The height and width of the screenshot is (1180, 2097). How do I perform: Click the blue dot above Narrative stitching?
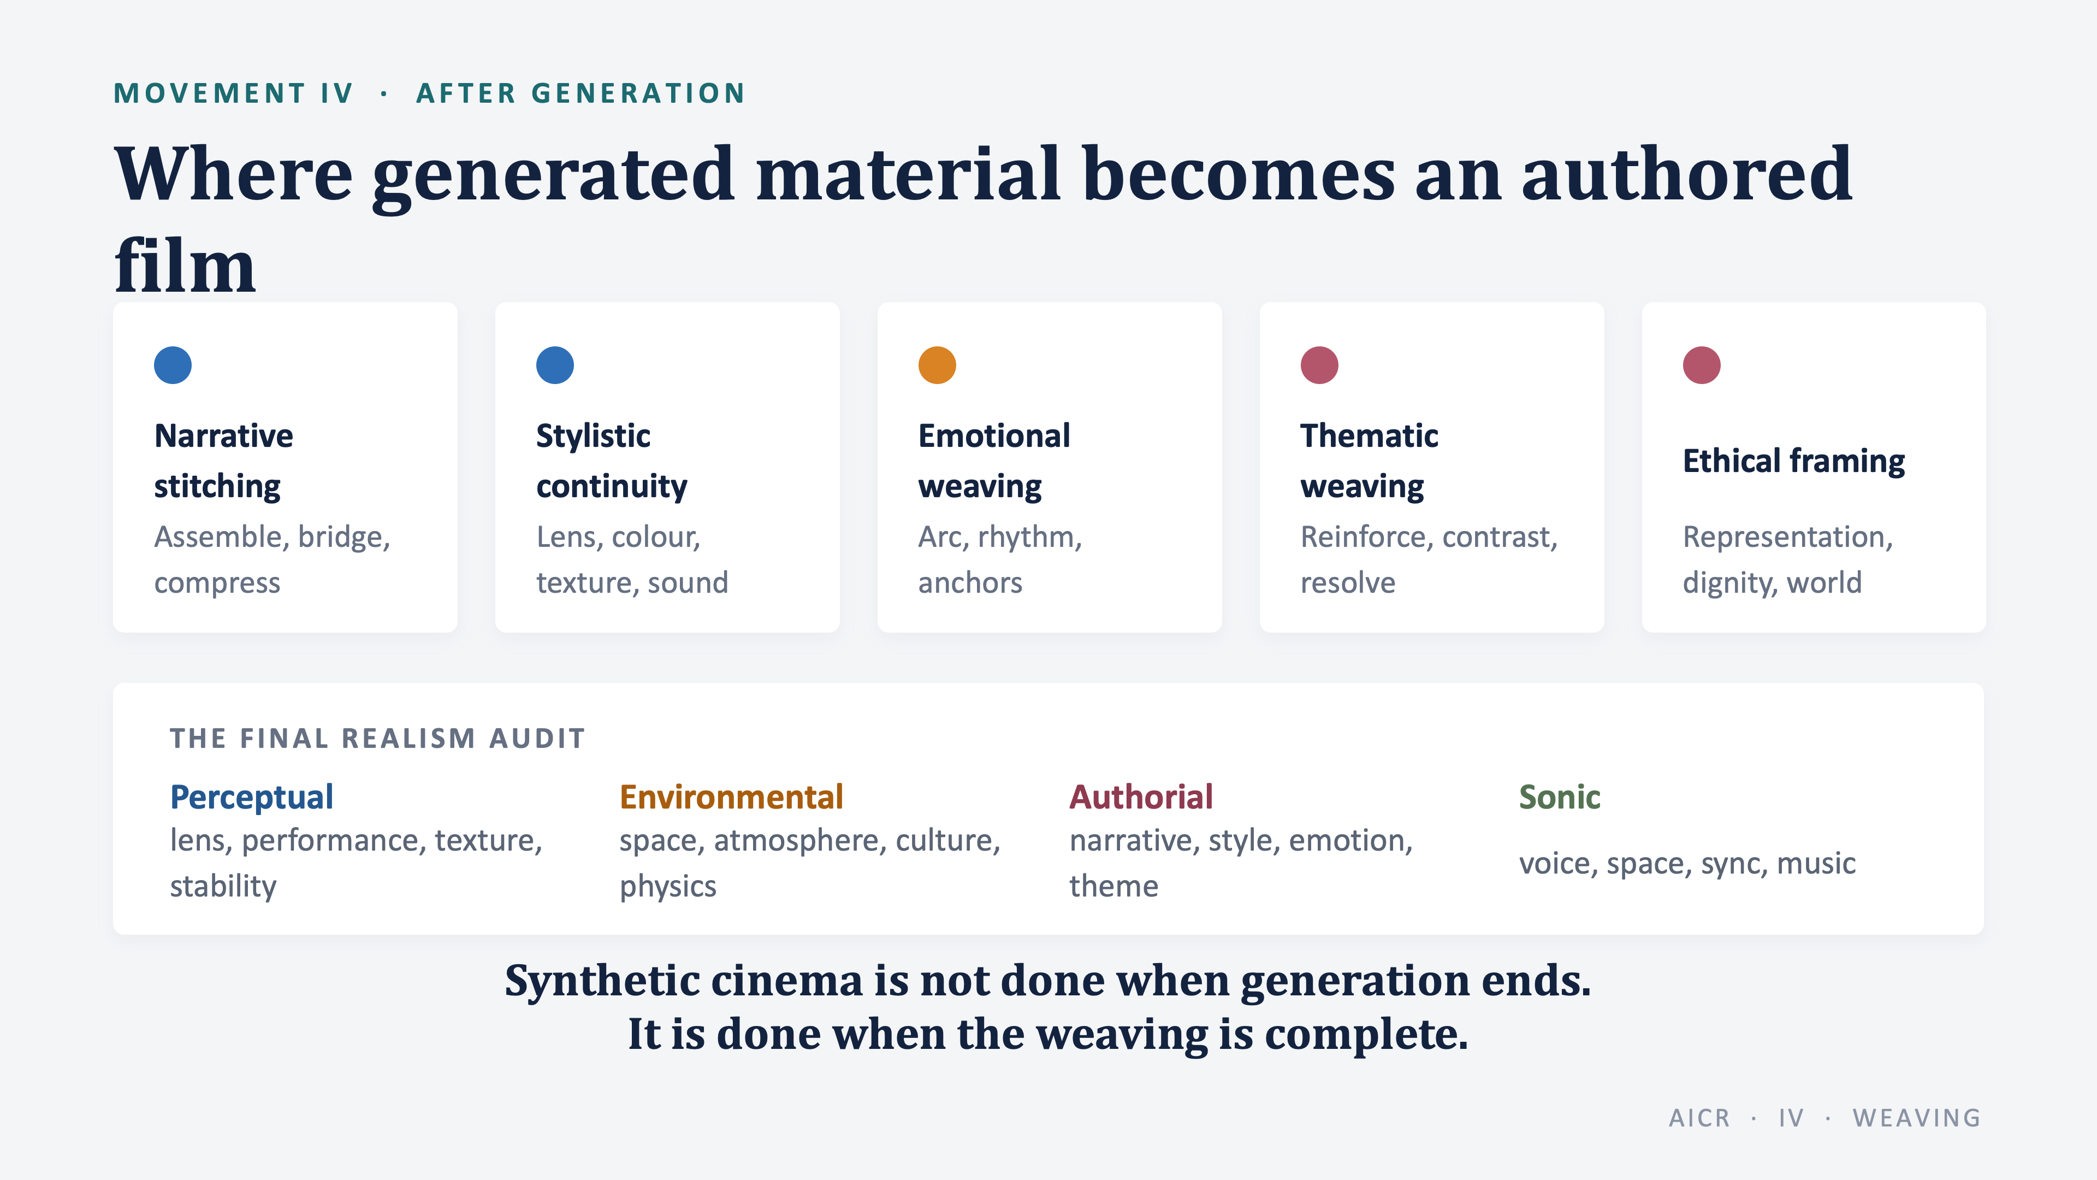point(173,365)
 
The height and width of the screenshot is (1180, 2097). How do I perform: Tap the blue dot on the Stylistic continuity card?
point(555,365)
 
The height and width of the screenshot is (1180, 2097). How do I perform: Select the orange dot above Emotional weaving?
point(937,365)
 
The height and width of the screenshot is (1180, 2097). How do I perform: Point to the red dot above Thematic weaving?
point(1319,365)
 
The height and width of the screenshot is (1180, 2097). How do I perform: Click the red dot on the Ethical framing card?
point(1702,365)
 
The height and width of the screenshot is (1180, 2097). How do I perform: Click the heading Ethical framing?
point(1793,461)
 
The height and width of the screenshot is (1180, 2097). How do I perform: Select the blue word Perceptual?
point(252,797)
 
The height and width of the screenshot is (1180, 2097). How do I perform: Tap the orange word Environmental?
point(731,797)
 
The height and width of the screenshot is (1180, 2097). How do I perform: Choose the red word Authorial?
point(1140,797)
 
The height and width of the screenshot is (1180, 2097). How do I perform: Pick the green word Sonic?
point(1560,797)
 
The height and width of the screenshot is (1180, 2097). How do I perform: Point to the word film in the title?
point(185,265)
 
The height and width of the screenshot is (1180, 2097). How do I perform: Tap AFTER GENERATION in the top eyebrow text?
point(581,93)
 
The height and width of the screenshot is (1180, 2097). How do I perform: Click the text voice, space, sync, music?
point(1687,863)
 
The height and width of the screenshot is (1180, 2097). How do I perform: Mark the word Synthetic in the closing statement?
point(602,981)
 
